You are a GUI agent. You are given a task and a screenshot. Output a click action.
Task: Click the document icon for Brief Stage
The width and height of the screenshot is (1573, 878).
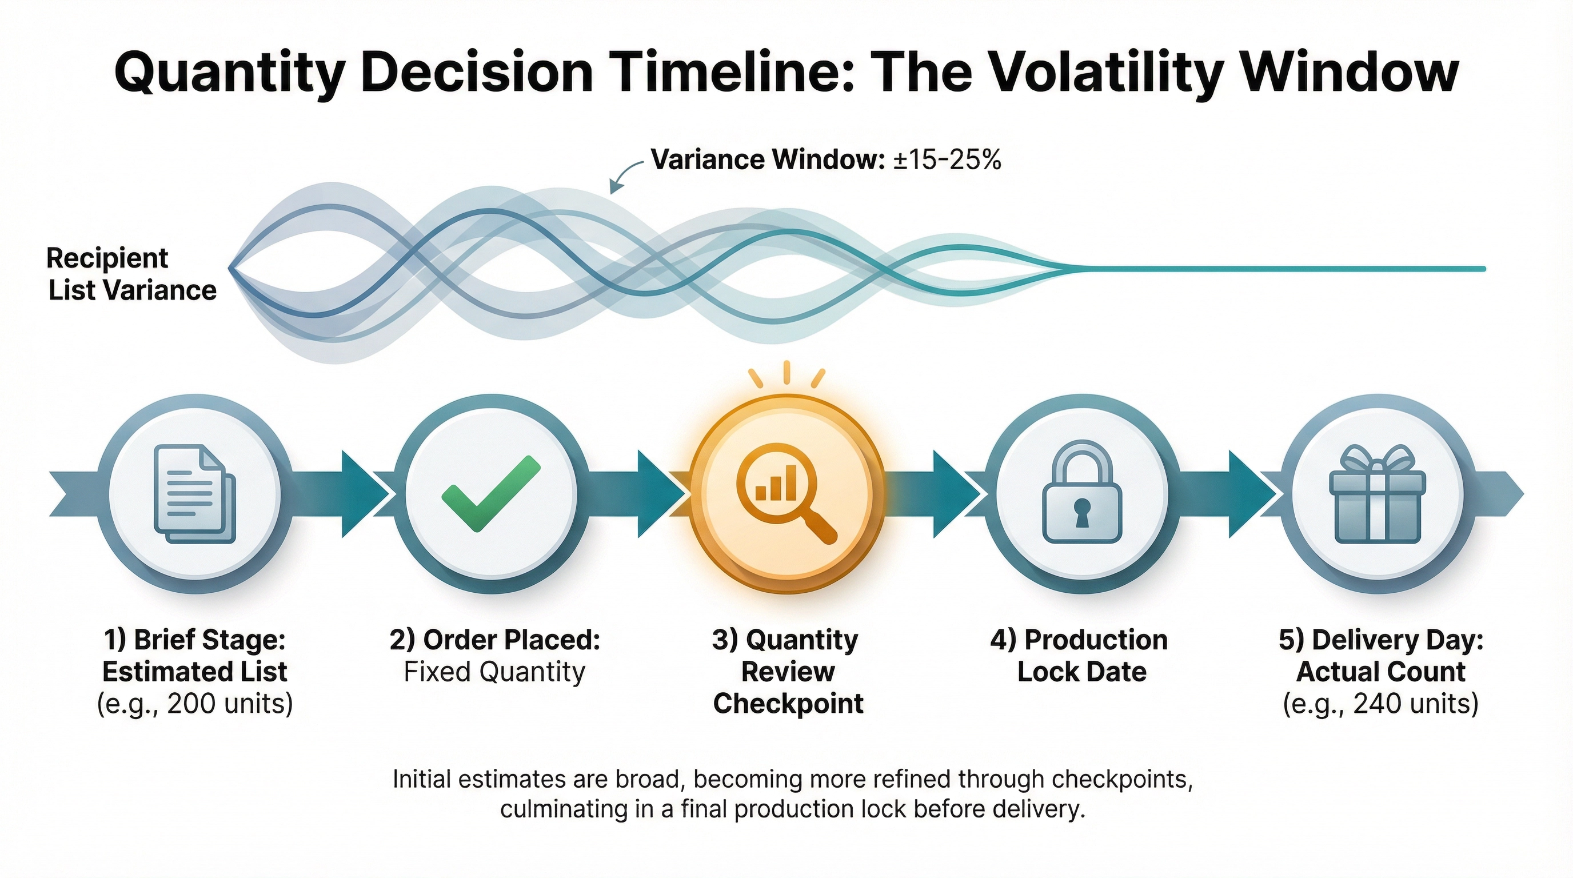point(194,493)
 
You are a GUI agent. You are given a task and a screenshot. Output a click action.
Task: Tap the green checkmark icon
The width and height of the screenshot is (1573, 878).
point(490,493)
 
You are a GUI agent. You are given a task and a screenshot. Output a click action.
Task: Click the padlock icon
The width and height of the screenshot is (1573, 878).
point(1081,493)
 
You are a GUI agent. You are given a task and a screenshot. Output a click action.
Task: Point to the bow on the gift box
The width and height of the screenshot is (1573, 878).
point(1377,460)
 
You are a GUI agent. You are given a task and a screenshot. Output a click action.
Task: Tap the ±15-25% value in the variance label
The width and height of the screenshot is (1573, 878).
point(947,159)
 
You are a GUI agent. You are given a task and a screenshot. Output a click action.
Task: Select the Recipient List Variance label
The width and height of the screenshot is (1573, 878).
point(131,274)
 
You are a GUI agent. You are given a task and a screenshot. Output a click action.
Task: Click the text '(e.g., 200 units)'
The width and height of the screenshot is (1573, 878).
point(195,704)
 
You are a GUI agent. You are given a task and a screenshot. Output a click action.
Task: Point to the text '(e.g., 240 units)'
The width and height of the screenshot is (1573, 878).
point(1380,704)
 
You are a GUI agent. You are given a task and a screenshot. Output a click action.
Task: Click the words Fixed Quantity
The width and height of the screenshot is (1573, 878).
point(494,672)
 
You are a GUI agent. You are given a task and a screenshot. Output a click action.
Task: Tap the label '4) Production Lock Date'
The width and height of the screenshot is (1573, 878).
point(1079,656)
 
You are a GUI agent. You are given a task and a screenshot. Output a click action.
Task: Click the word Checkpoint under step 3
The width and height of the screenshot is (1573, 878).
point(788,704)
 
